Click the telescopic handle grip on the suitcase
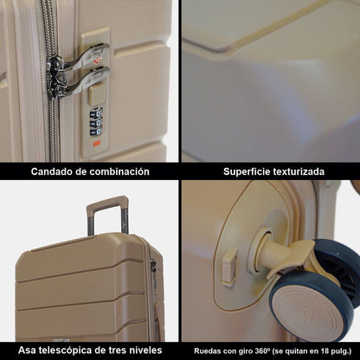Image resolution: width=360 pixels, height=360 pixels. point(106,205)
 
